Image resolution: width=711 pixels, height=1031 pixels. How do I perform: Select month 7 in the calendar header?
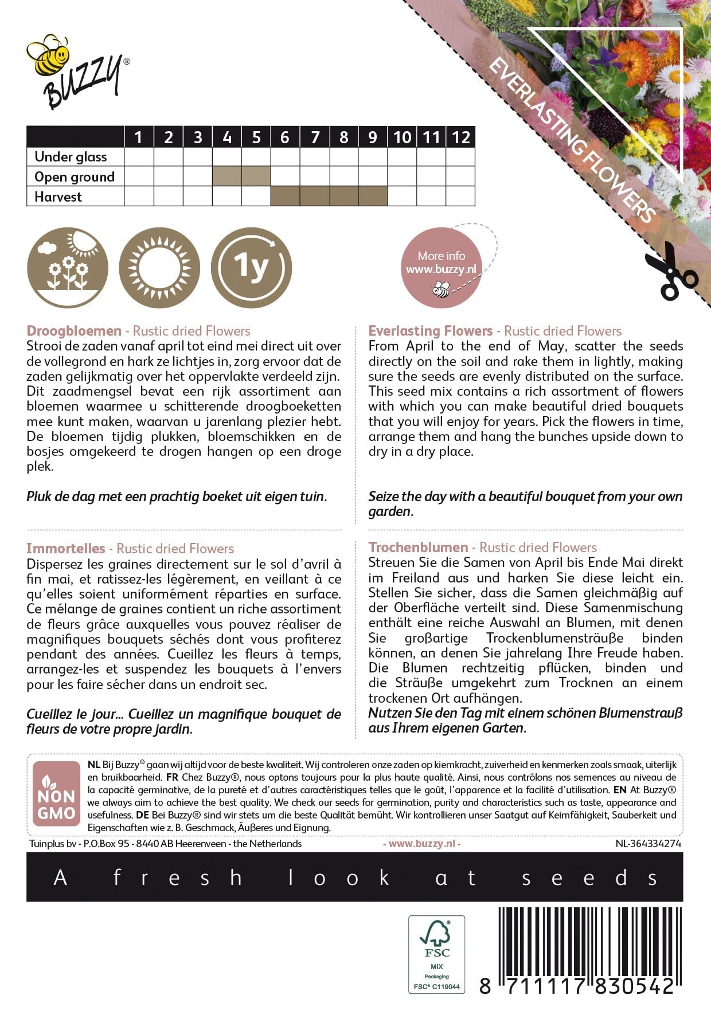pos(315,137)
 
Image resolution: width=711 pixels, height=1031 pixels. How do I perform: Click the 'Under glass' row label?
pos(71,157)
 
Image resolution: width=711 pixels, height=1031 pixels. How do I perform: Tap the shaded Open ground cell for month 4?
pos(226,176)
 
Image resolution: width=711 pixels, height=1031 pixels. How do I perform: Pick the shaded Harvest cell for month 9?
pos(373,196)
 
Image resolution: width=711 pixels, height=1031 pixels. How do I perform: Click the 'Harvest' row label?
pos(58,197)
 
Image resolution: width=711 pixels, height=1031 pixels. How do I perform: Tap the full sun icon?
pos(159,268)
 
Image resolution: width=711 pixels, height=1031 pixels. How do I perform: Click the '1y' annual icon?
pos(251,268)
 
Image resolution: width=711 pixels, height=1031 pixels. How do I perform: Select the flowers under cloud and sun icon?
pos(68,268)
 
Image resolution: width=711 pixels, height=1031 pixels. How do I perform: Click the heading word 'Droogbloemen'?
pos(74,331)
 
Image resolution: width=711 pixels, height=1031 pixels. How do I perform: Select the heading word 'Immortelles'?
pos(66,548)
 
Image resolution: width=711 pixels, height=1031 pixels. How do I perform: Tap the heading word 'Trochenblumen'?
pos(418,548)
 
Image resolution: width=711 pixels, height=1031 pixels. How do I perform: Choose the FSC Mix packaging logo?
pos(437,954)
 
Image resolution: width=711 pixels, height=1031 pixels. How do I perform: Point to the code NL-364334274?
pos(648,844)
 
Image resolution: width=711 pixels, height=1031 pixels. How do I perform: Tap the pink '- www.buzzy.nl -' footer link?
pos(421,844)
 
